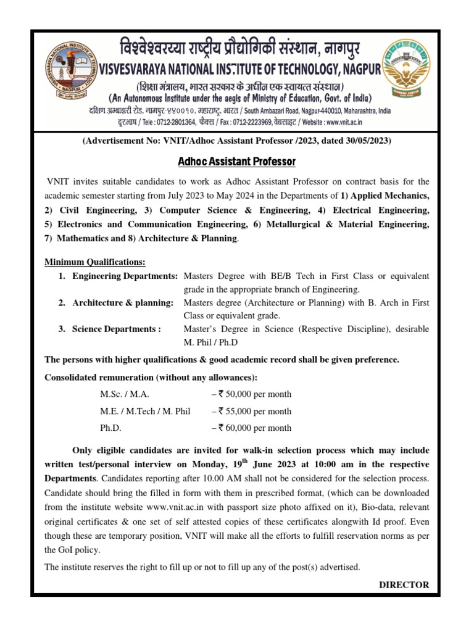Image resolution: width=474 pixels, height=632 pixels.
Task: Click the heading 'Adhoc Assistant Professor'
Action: [x=237, y=162]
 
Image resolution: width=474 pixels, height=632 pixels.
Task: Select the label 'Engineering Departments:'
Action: [x=125, y=275]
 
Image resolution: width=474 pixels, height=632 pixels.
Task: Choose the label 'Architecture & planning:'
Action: [x=123, y=302]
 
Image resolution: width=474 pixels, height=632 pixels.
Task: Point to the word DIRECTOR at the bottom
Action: [x=404, y=584]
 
